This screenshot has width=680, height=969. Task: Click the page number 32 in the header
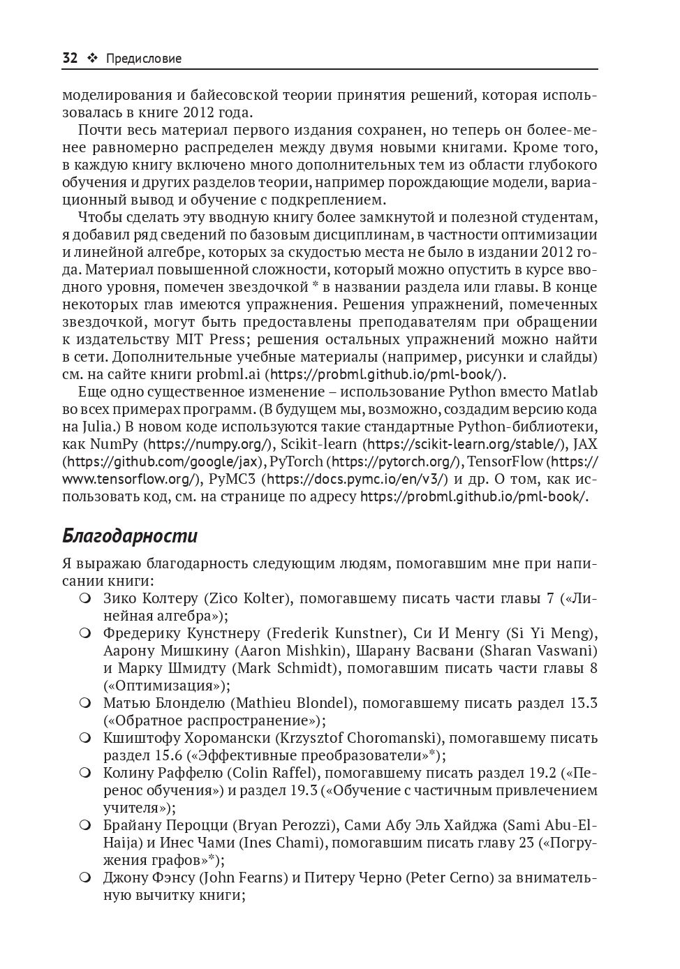point(70,59)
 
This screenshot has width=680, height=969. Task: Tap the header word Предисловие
point(144,59)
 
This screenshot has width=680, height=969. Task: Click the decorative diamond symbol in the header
point(91,59)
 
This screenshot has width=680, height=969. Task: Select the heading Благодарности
point(130,535)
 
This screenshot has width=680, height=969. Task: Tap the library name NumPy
point(114,444)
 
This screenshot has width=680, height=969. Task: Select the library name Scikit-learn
point(321,444)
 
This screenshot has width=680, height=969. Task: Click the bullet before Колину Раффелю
point(85,773)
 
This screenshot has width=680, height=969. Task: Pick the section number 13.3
point(584,703)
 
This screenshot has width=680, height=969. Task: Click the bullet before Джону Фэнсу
point(85,878)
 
